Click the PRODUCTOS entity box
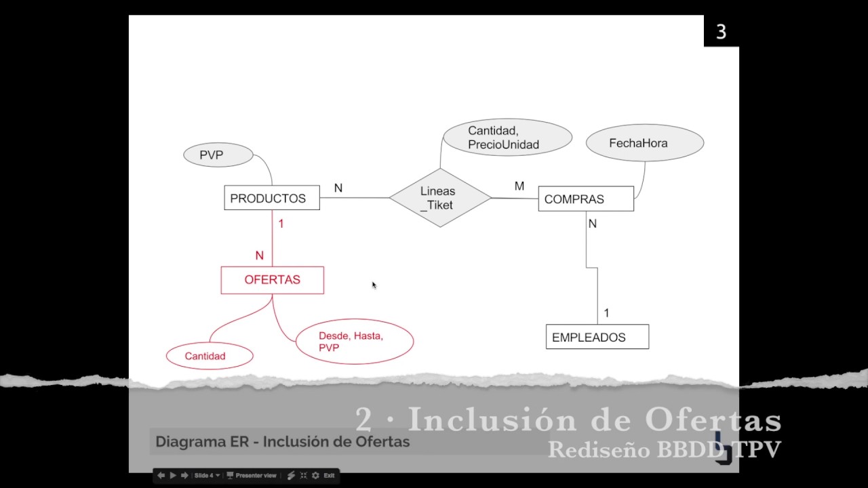pyautogui.click(x=271, y=198)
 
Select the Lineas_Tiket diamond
pyautogui.click(x=439, y=198)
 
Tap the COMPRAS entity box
pyautogui.click(x=586, y=199)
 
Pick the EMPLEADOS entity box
pyautogui.click(x=597, y=337)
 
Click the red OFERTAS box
pyautogui.click(x=272, y=280)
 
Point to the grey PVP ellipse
pyautogui.click(x=218, y=155)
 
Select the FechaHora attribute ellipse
pyautogui.click(x=644, y=143)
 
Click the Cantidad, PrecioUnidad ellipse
pyautogui.click(x=507, y=138)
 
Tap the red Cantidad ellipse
pyautogui.click(x=210, y=356)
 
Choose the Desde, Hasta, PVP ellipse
pyautogui.click(x=354, y=342)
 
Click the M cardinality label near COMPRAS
pyautogui.click(x=519, y=186)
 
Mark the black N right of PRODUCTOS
pyautogui.click(x=338, y=188)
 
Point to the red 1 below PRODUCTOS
pyautogui.click(x=281, y=224)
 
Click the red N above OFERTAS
pyautogui.click(x=259, y=256)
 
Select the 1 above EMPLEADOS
pyautogui.click(x=606, y=313)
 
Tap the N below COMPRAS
pyautogui.click(x=592, y=224)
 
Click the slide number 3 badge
pyautogui.click(x=721, y=32)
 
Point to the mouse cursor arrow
pyautogui.click(x=374, y=285)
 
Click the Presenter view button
pyautogui.click(x=252, y=476)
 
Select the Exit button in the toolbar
pyautogui.click(x=329, y=476)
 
